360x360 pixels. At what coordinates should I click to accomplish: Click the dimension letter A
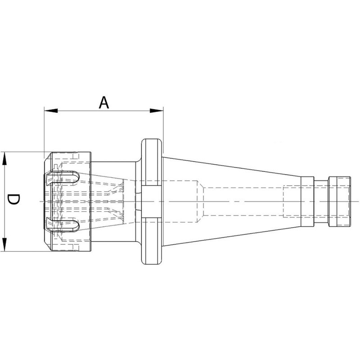[x=104, y=103]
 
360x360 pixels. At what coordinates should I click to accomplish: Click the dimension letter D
[x=13, y=199]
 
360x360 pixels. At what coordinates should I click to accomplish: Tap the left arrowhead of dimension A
[x=51, y=111]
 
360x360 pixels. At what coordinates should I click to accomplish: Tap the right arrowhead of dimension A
[x=157, y=111]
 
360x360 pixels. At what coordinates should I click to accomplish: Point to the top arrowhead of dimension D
[x=4, y=158]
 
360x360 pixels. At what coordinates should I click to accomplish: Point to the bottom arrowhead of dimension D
[x=4, y=244]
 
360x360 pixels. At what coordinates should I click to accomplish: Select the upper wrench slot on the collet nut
[x=63, y=178]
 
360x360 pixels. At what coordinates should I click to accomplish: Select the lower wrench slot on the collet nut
[x=63, y=225]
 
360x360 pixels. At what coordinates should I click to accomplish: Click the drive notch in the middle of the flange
[x=150, y=201]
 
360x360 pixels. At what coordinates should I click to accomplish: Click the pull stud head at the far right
[x=339, y=202]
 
